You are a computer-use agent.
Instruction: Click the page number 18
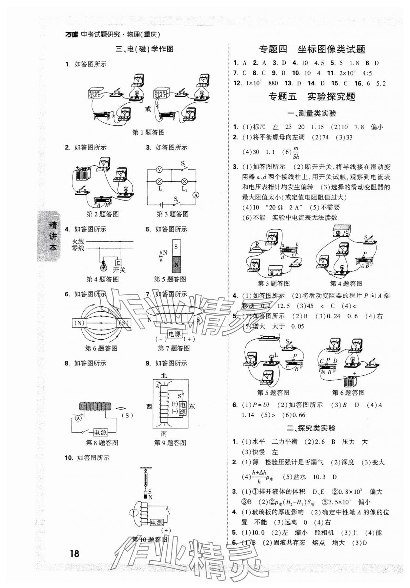(x=74, y=554)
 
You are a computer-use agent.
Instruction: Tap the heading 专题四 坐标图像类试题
(x=312, y=49)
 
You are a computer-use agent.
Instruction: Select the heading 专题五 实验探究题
(x=312, y=96)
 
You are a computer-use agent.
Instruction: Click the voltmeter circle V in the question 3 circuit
(x=159, y=170)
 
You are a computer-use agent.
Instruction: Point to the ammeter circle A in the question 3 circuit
(x=196, y=195)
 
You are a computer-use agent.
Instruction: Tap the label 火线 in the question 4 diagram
(x=78, y=241)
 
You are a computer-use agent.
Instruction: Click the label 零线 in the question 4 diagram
(x=78, y=248)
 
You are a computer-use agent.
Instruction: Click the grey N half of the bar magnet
(x=176, y=264)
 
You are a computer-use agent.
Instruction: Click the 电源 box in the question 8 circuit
(x=100, y=432)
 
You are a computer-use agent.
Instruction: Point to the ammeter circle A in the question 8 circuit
(x=78, y=418)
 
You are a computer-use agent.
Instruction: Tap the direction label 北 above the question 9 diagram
(x=164, y=376)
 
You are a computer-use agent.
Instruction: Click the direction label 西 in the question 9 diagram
(x=149, y=407)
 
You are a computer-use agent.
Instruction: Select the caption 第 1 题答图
(x=148, y=133)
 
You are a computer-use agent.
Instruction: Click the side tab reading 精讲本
(x=52, y=236)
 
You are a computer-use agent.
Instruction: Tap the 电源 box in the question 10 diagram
(x=156, y=523)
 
